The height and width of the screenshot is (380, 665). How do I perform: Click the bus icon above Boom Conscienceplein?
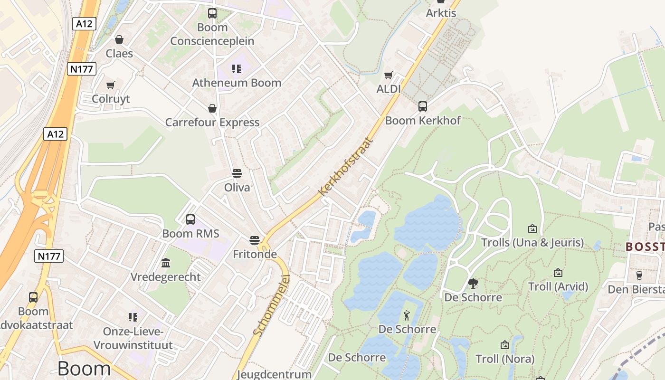[212, 13]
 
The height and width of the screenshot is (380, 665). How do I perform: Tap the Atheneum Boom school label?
[237, 83]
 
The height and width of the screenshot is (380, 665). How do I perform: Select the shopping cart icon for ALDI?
[389, 75]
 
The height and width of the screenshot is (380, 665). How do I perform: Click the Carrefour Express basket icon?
[212, 109]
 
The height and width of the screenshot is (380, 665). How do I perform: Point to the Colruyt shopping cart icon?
[111, 85]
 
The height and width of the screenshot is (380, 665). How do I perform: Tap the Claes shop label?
[119, 53]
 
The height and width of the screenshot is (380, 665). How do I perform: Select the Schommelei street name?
[272, 305]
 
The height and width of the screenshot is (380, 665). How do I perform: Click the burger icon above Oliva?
[237, 173]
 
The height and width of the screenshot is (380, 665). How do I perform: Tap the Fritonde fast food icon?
[255, 240]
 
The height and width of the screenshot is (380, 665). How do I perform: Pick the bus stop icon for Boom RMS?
[190, 219]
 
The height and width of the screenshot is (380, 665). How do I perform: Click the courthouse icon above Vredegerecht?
[166, 263]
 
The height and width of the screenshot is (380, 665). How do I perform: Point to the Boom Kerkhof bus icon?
[423, 106]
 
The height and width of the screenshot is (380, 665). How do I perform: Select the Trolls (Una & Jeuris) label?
[532, 243]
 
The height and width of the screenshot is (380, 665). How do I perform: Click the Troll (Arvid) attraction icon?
[558, 273]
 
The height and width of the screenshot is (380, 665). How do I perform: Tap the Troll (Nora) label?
[505, 359]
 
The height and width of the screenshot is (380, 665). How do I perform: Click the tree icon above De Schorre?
[473, 284]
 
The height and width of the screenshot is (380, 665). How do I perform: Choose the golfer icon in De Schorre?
[407, 315]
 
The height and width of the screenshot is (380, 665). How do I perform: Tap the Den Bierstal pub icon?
[639, 275]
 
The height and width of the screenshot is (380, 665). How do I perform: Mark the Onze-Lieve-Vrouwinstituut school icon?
[133, 317]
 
